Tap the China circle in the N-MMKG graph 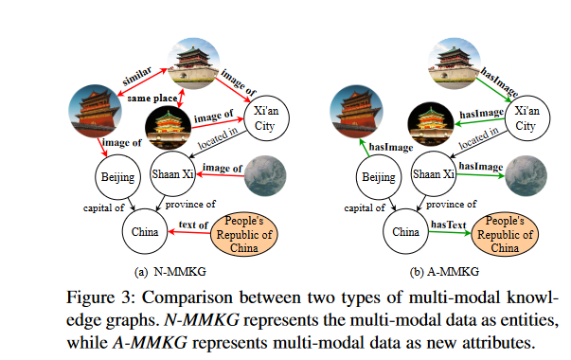(x=143, y=230)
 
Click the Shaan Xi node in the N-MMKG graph (x=172, y=175)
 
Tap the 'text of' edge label (x=193, y=225)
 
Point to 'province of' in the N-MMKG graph (x=188, y=204)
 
